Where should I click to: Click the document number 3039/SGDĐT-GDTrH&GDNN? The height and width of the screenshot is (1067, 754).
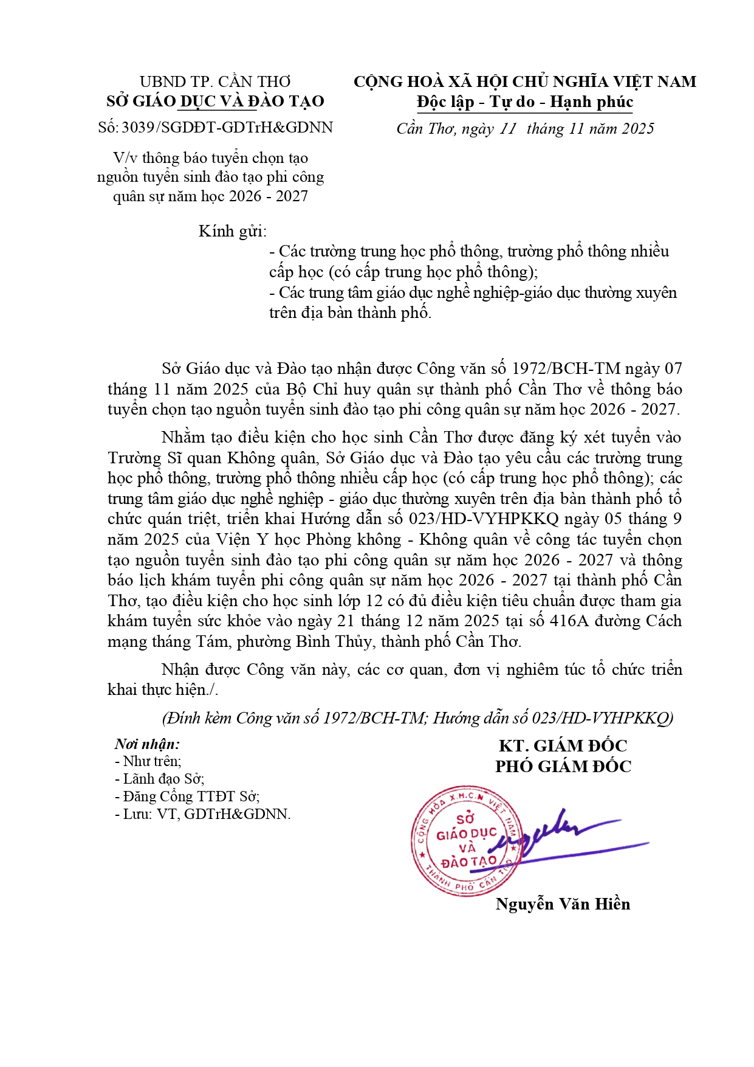tap(227, 128)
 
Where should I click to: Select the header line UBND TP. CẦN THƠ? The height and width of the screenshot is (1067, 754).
tap(215, 81)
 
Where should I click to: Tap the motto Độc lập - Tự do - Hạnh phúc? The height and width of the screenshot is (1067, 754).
tap(525, 102)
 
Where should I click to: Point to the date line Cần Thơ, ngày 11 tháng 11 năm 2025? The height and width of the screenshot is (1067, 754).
tap(525, 129)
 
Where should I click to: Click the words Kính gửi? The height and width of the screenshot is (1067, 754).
tap(233, 232)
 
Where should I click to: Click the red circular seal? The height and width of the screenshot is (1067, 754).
tap(466, 841)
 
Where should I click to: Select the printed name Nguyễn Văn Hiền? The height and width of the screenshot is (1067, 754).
tap(563, 904)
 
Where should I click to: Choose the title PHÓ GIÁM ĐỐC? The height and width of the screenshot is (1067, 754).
tap(563, 766)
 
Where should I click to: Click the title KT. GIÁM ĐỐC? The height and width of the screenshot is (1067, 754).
tap(563, 746)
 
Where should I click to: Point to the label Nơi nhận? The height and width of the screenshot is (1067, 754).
tap(147, 744)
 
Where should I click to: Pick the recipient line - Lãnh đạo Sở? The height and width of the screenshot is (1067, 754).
tap(160, 779)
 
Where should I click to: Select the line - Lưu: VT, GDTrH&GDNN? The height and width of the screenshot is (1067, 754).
tap(203, 814)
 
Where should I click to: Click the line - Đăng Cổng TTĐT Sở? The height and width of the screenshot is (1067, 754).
tap(187, 796)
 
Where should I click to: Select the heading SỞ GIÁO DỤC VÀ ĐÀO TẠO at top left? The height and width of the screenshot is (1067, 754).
tap(215, 102)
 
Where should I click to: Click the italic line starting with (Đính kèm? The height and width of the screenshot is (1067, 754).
tap(417, 718)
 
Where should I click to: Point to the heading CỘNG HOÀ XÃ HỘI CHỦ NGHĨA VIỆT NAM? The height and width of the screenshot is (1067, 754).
tap(525, 81)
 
